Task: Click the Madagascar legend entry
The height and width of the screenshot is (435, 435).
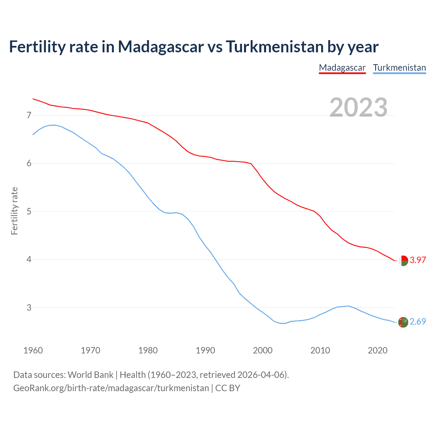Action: click(342, 68)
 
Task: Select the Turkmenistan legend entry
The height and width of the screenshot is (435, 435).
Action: click(399, 68)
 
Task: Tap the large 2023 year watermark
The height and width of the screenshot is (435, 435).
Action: click(359, 107)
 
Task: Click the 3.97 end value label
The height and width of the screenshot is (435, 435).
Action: click(418, 260)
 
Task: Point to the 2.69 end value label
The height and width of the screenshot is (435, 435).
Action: click(418, 321)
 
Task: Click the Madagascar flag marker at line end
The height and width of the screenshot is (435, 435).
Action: click(403, 261)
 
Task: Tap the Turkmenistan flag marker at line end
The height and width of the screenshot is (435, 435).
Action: click(403, 322)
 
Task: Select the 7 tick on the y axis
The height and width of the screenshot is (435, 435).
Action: click(29, 116)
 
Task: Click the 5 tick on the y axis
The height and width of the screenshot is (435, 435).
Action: click(29, 212)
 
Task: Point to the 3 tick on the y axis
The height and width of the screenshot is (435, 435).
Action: click(29, 308)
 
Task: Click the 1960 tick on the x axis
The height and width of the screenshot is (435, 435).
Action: click(33, 350)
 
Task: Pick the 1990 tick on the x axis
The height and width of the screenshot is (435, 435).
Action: click(205, 350)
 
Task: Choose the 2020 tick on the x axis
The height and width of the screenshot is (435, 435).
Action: click(378, 350)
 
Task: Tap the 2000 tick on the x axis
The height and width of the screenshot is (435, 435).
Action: click(263, 350)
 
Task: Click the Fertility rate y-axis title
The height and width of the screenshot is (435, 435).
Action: click(14, 211)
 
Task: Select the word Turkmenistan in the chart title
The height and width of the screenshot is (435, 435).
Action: click(275, 47)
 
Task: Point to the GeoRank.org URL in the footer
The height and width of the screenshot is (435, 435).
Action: click(111, 388)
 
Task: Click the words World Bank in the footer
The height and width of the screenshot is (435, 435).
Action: click(90, 375)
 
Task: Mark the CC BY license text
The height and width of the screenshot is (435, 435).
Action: click(228, 388)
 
